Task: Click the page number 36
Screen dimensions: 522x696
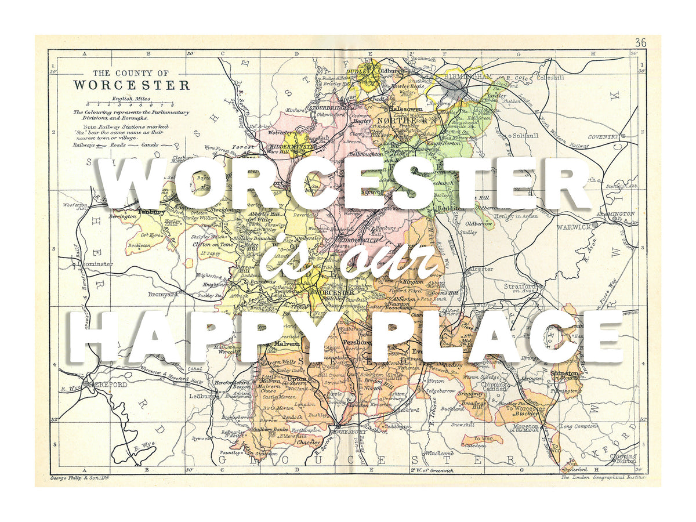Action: (x=640, y=42)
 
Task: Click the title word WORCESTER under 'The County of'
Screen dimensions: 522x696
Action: (x=131, y=85)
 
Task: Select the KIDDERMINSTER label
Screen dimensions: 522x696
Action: (x=294, y=147)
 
